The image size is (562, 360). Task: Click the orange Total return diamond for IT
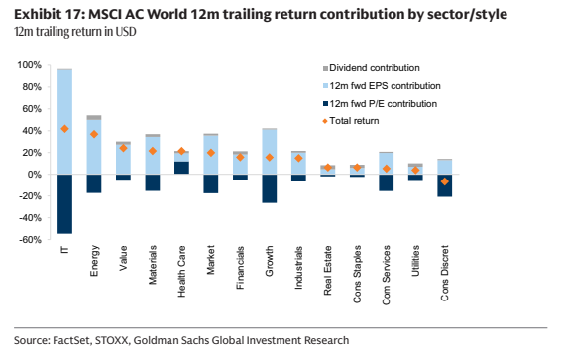64,129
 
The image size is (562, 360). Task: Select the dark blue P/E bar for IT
64,204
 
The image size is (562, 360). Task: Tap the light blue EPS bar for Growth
270,152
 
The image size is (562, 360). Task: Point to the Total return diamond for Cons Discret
444,181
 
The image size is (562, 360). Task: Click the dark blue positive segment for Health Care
181,168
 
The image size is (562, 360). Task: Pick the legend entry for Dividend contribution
372,68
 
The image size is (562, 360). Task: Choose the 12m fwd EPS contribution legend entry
382,86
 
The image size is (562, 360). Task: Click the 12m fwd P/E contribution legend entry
380,104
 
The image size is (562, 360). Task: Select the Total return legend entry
351,121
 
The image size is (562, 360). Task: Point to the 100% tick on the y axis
30,65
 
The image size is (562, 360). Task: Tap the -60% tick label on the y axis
30,240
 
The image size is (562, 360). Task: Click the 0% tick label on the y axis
35,175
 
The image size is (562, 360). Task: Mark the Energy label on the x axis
94,261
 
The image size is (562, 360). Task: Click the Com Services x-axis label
386,275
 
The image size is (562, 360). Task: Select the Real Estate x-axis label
328,271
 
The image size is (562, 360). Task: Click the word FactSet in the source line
71,340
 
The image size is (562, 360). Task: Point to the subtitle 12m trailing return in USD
75,32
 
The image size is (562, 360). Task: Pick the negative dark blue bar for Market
211,183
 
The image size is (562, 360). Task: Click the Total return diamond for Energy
94,134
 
